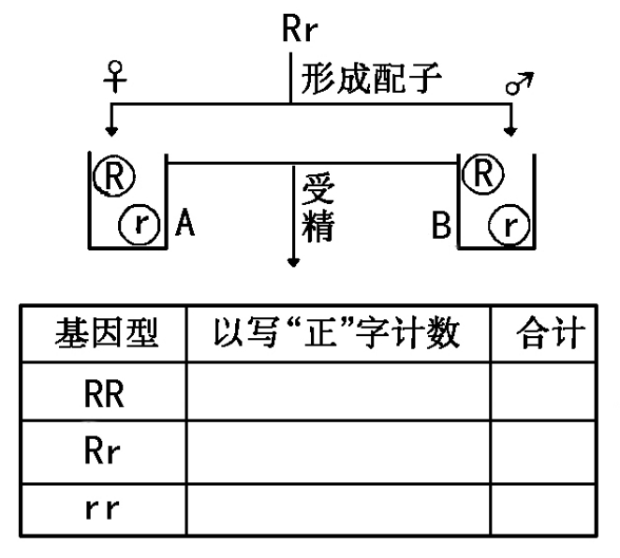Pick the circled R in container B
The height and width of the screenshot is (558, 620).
(483, 171)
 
